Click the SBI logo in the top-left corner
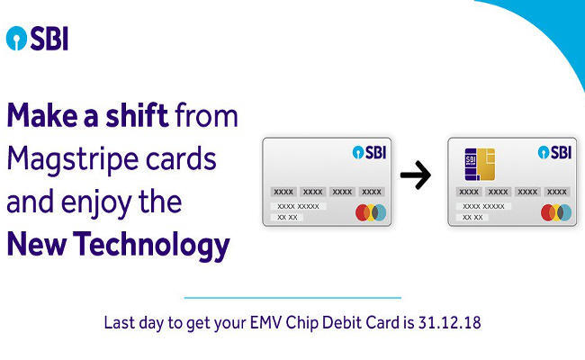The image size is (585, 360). [x=37, y=39]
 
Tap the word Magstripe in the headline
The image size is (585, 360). [x=71, y=160]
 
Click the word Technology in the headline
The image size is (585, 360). [x=151, y=246]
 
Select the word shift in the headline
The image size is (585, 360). [x=137, y=115]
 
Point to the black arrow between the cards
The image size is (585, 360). [x=416, y=175]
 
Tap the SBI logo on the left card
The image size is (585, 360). [x=369, y=152]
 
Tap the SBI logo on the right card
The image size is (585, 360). [x=554, y=152]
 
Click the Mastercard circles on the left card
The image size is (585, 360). [x=371, y=212]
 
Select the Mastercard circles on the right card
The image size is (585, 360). [x=556, y=212]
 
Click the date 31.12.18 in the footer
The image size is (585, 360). [x=449, y=323]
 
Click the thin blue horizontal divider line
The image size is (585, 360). [x=292, y=298]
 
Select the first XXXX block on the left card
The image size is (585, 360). [x=283, y=192]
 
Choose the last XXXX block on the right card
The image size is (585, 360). [x=556, y=192]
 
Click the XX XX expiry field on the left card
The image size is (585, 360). [x=287, y=217]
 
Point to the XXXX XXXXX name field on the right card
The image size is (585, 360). [x=483, y=206]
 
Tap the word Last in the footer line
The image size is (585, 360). [x=120, y=323]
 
